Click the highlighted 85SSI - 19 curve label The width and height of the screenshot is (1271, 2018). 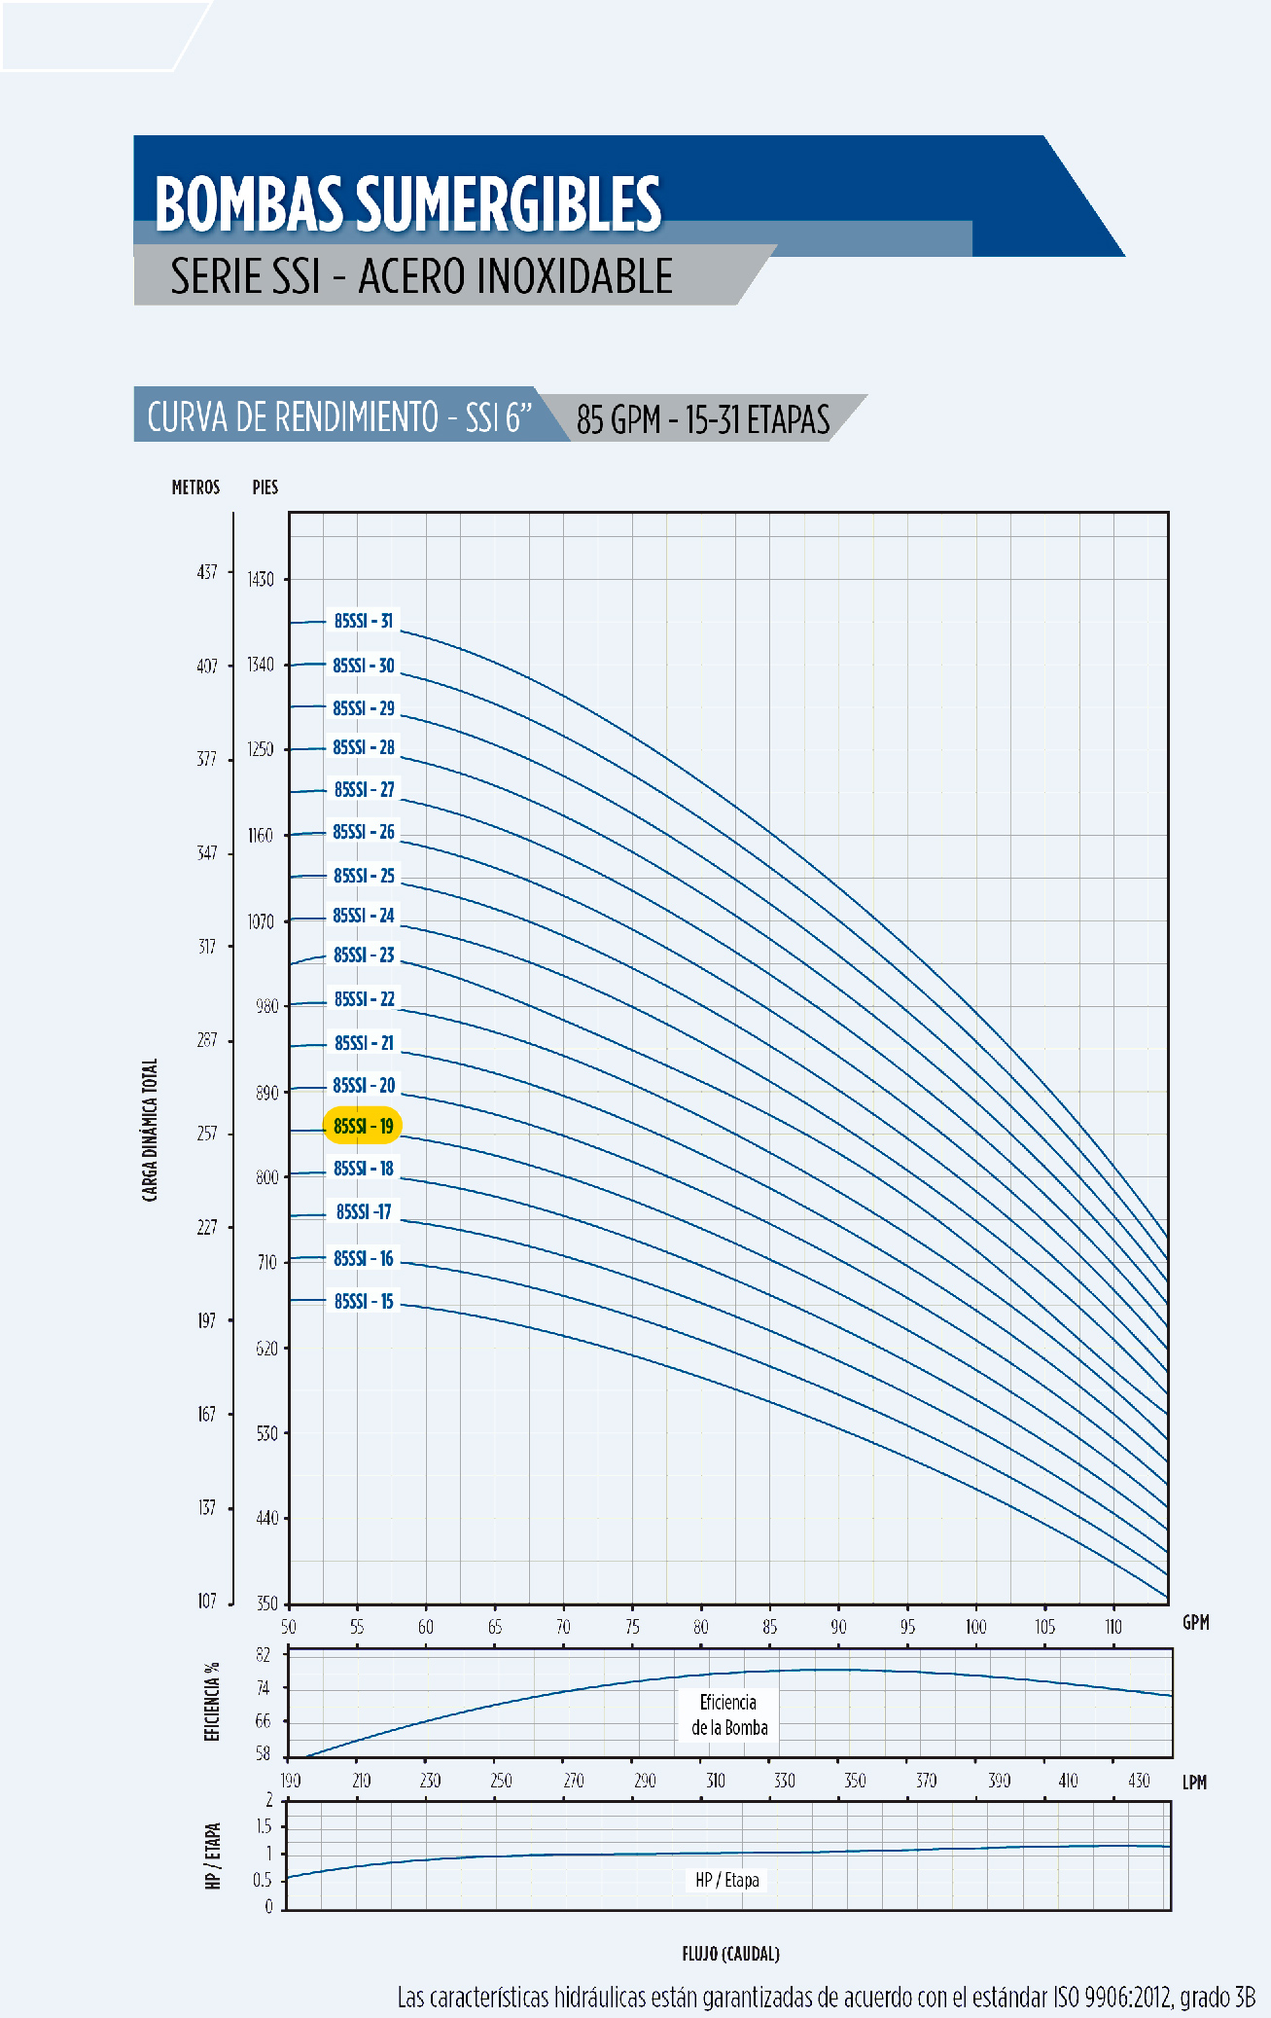point(363,1126)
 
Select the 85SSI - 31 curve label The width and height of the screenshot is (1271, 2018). point(364,621)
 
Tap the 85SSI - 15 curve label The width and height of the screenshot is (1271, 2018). point(364,1301)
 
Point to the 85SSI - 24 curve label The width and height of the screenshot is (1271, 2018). point(364,916)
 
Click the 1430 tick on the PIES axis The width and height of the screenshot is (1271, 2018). point(261,580)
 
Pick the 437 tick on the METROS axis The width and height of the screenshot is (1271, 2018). point(207,572)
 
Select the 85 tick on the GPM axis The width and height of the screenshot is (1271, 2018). point(769,1627)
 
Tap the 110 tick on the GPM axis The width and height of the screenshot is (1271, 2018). point(1112,1627)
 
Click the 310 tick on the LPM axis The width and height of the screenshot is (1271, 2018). point(715,1781)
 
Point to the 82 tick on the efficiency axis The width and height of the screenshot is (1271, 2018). point(263,1654)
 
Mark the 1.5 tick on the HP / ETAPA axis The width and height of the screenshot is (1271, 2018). point(264,1826)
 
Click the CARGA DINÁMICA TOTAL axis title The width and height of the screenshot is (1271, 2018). point(150,1130)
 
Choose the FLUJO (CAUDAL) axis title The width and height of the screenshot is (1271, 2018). point(730,1954)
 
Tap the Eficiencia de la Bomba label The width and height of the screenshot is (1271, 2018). point(729,1714)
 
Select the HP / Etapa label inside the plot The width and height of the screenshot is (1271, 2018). point(727,1880)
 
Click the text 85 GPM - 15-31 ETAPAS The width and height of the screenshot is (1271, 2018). point(703,419)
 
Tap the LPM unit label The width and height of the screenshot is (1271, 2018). point(1194,1783)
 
